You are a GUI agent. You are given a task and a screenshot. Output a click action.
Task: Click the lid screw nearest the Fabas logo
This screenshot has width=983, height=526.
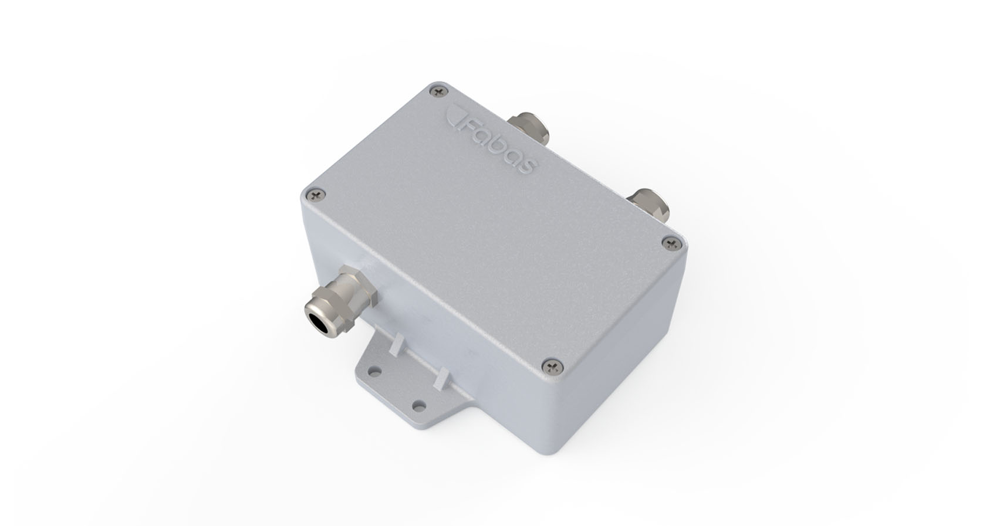(x=438, y=91)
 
